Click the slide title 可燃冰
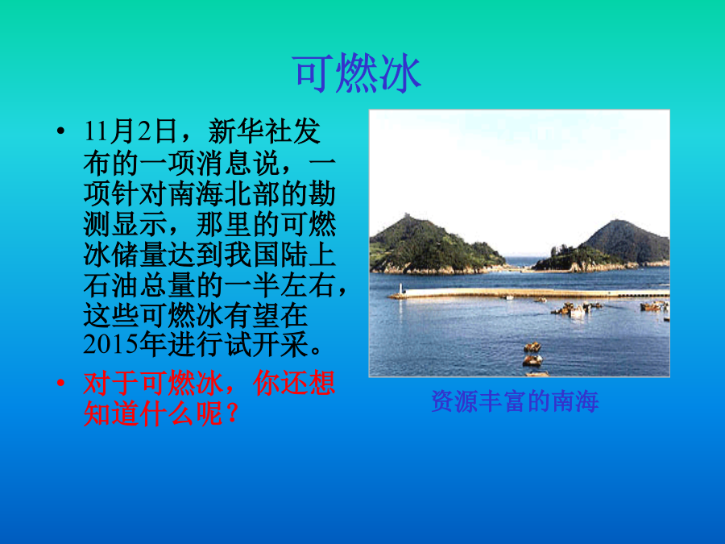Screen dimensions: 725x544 [357, 73]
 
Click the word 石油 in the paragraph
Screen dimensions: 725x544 [111, 285]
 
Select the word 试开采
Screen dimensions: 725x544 [267, 344]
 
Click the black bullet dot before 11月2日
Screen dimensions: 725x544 [60, 131]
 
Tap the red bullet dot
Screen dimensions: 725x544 [60, 383]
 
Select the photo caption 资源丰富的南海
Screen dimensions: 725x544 [515, 401]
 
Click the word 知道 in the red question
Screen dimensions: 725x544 [111, 413]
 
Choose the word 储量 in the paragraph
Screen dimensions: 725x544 [139, 255]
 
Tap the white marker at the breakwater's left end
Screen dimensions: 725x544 [401, 289]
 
